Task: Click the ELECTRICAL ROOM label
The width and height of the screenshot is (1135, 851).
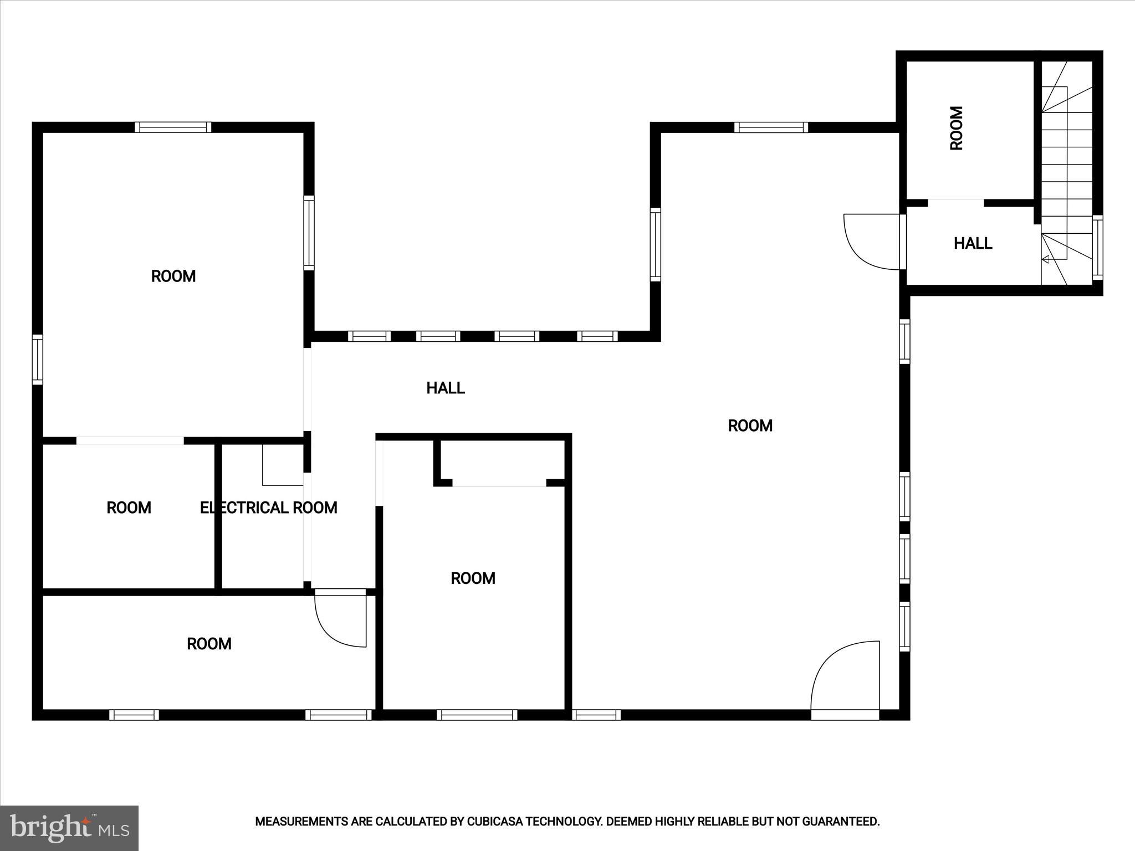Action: [x=268, y=507]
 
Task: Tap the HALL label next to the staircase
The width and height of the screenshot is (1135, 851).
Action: [x=973, y=243]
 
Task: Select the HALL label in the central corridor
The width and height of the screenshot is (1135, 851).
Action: [x=445, y=388]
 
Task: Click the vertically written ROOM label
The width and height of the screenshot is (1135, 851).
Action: [x=957, y=128]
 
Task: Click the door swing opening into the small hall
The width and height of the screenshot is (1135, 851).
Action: [x=871, y=242]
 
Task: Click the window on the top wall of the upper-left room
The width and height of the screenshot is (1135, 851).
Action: [x=173, y=127]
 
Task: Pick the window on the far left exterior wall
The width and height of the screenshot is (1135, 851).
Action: [x=37, y=359]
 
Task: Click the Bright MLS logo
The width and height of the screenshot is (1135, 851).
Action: [x=69, y=828]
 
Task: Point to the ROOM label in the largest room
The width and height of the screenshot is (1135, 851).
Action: [x=750, y=425]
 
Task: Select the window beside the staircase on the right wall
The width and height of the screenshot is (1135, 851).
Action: [x=1097, y=247]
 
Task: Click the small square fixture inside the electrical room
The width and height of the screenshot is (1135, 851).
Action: [x=282, y=464]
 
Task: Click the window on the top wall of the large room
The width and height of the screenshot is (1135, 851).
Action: [x=771, y=127]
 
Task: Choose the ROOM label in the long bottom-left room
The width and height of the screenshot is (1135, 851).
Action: [x=209, y=644]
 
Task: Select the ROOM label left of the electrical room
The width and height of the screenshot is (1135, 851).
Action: [x=129, y=507]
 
